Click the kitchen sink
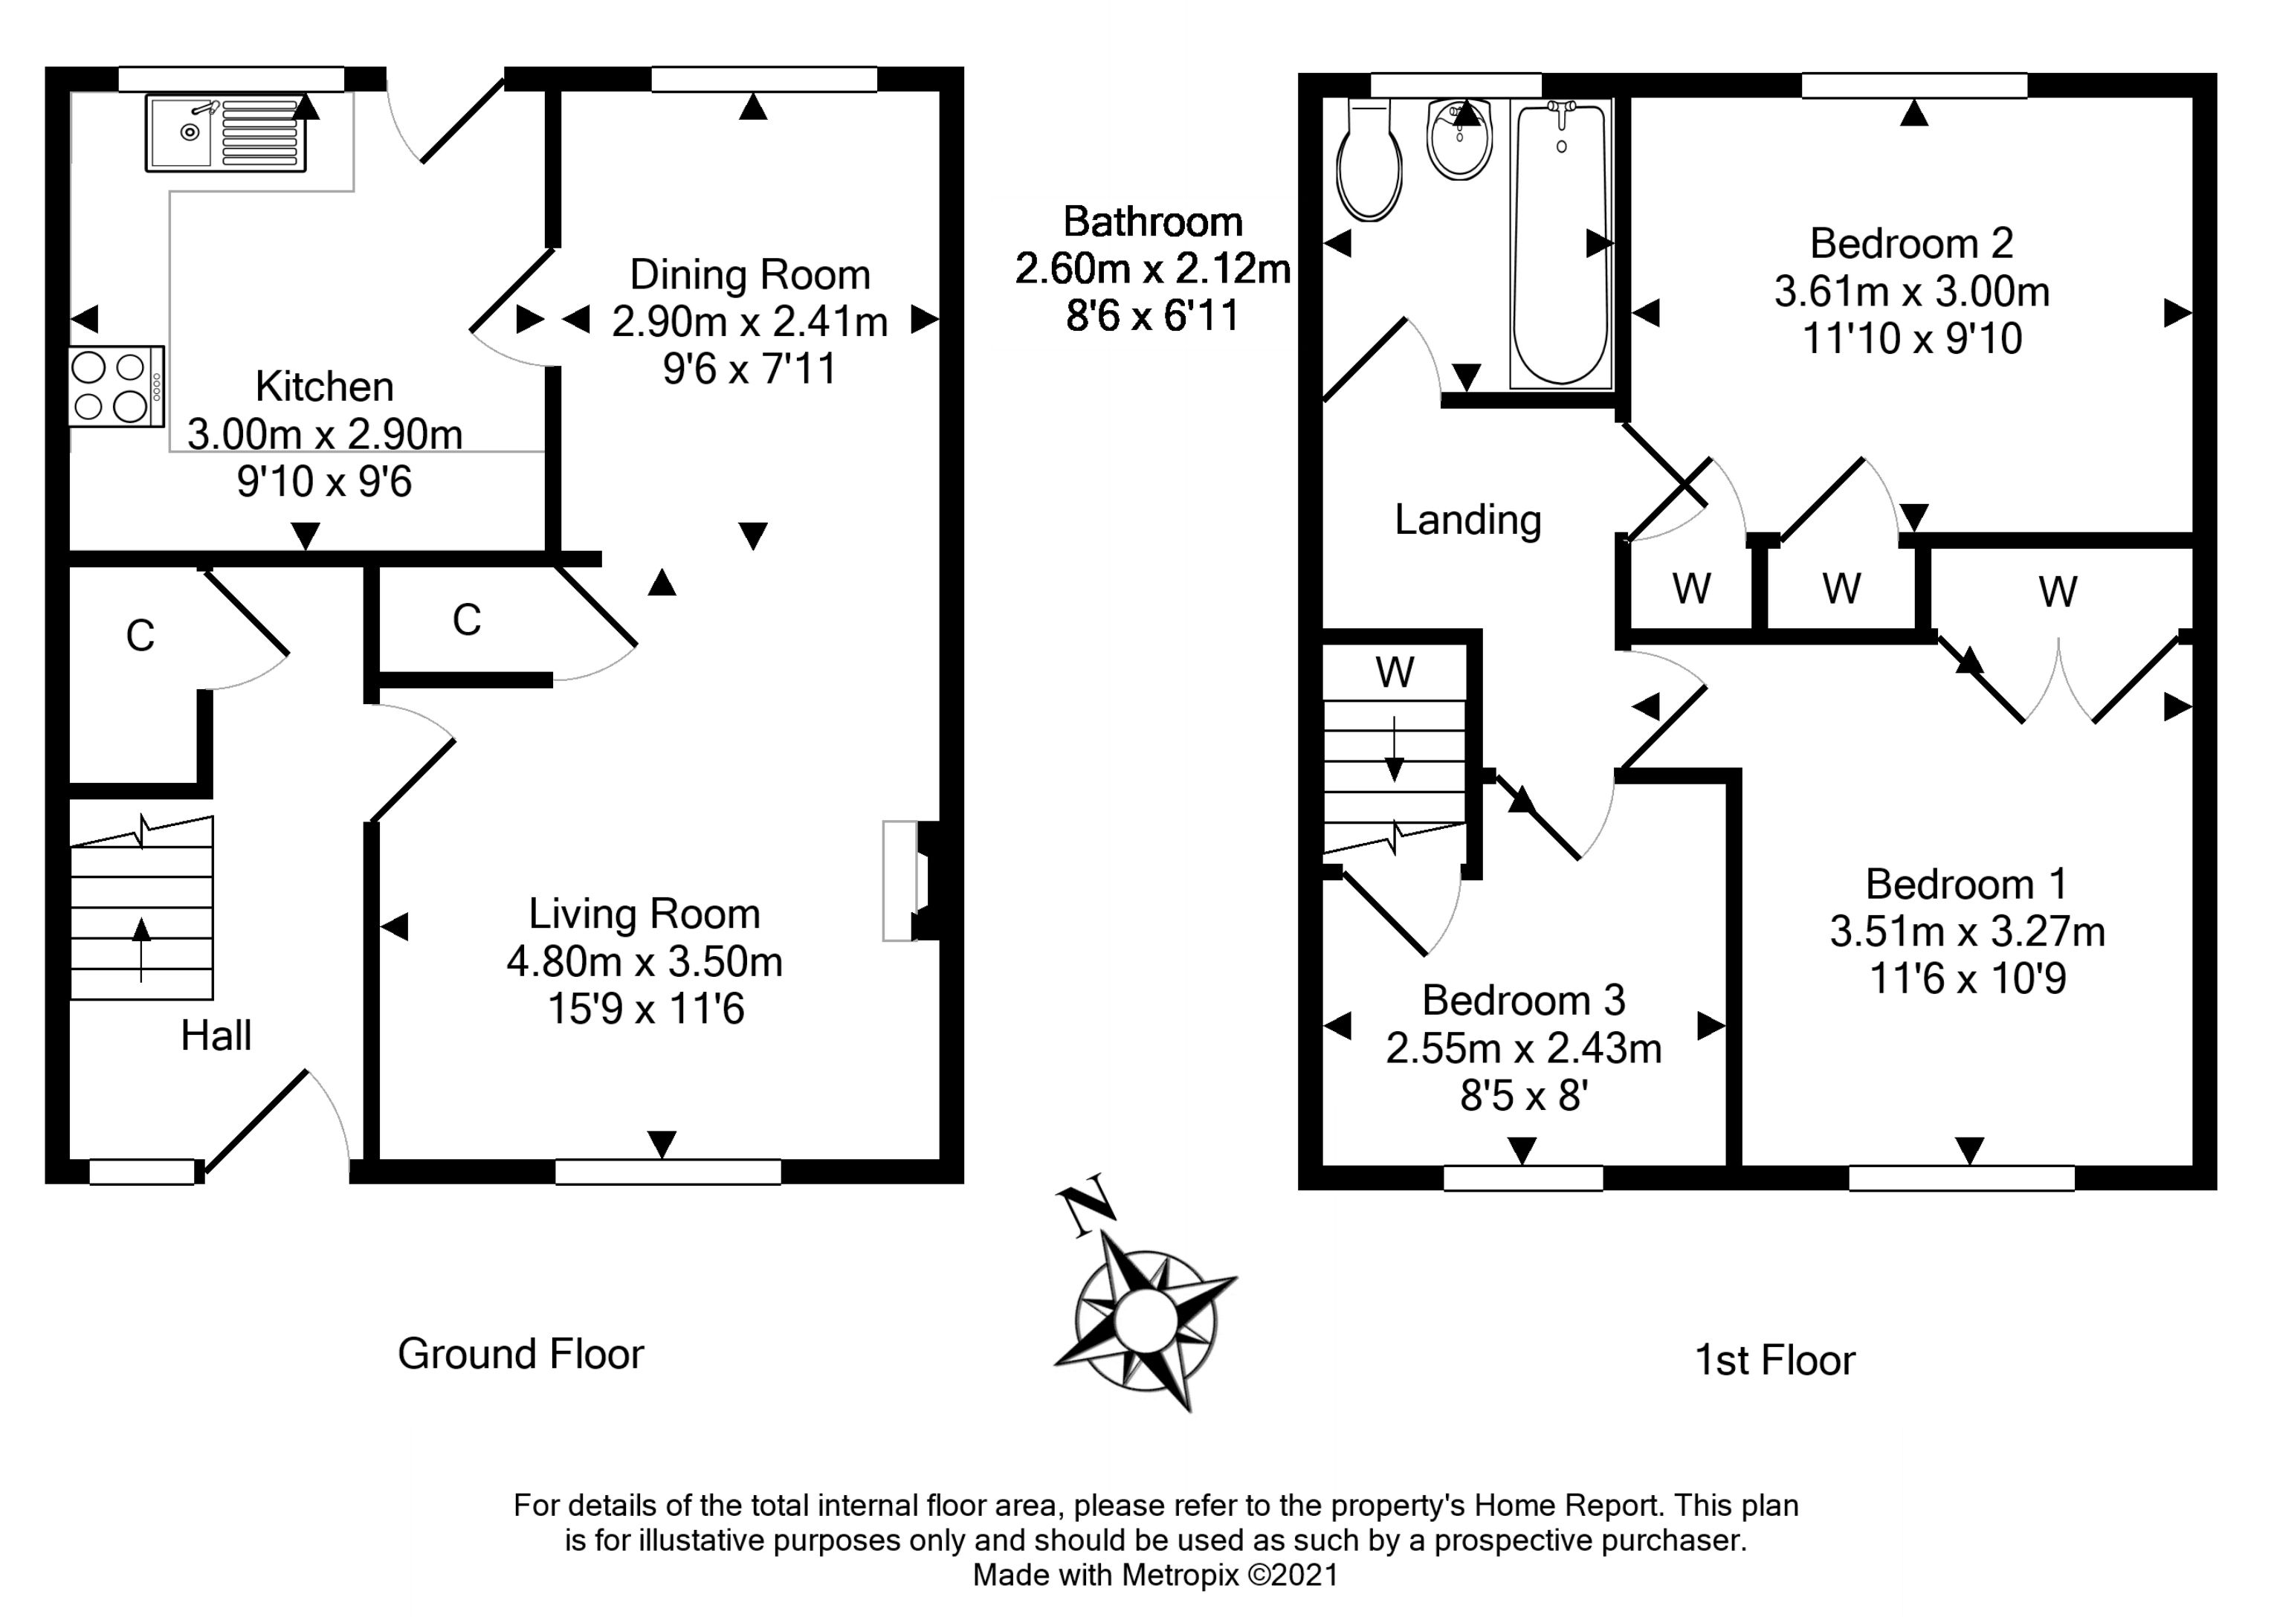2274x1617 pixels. click(225, 132)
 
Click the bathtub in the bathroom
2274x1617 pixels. click(1560, 244)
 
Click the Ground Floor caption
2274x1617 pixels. click(520, 1354)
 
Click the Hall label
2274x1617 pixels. click(216, 1036)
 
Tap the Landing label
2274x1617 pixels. click(1467, 520)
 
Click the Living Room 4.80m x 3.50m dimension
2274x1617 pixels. click(645, 963)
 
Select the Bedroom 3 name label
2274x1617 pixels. click(1523, 1000)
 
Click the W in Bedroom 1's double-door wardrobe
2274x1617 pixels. click(2057, 593)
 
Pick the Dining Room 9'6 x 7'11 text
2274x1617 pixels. click(750, 369)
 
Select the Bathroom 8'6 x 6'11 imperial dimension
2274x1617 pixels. click(1152, 317)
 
